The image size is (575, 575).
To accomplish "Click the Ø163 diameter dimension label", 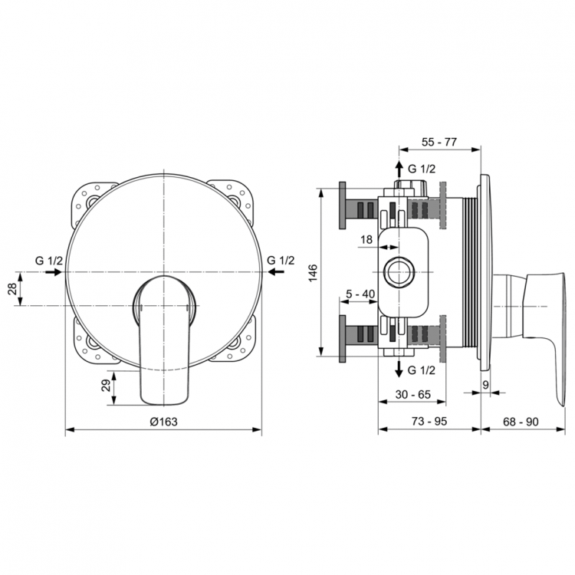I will pyautogui.click(x=163, y=421).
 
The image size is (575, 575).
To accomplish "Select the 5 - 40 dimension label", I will pyautogui.click(x=360, y=294).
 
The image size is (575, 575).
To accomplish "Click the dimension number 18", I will pyautogui.click(x=366, y=240).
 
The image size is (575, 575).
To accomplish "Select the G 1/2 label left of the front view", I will pyautogui.click(x=48, y=260).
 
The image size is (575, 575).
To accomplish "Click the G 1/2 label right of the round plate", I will pyautogui.click(x=281, y=260).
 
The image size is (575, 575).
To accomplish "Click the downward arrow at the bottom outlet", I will pyautogui.click(x=399, y=370).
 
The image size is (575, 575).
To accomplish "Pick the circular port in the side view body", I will pyautogui.click(x=399, y=271).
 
